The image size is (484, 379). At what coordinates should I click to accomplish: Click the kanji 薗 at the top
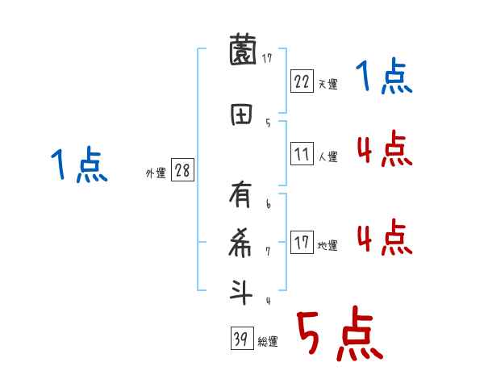(241, 53)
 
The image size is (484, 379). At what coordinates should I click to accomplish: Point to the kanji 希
(241, 241)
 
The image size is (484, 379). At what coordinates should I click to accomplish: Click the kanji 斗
(241, 290)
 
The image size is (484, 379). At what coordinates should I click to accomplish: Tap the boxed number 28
(182, 171)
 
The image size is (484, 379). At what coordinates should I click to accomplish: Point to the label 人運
(328, 156)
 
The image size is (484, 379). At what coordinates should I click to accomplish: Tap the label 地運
(328, 244)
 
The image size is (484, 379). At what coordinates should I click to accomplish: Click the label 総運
(267, 341)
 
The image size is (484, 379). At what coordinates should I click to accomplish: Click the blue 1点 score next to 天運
(384, 77)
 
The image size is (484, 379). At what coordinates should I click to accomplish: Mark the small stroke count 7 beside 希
(269, 252)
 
